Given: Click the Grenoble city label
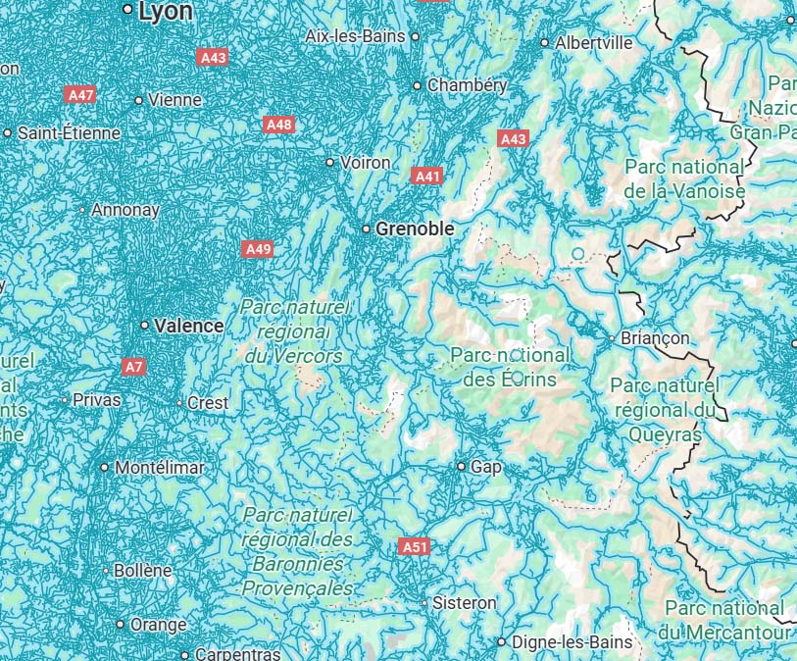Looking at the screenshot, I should point(416,229).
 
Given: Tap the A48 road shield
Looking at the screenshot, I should point(279,125).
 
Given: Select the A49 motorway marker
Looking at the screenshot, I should point(258,249).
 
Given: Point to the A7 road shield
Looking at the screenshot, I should point(134,367).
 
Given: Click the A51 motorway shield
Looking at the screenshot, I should point(414,546).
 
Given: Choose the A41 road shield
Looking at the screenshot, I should point(426,176).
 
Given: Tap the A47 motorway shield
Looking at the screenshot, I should point(80,95).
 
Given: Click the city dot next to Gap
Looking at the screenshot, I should point(462,467).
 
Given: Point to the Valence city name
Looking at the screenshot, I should point(188,326).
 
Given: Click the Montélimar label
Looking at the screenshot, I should point(160,468).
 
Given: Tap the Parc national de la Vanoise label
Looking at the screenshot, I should point(684,178).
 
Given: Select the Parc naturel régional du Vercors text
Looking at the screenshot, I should point(294,331).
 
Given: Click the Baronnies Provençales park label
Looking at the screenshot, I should point(298,551).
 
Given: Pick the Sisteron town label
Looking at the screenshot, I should point(465,602).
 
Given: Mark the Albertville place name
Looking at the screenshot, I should point(593,43).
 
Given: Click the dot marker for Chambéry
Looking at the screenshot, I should point(417,86).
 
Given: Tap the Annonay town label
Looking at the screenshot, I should point(125,210).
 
